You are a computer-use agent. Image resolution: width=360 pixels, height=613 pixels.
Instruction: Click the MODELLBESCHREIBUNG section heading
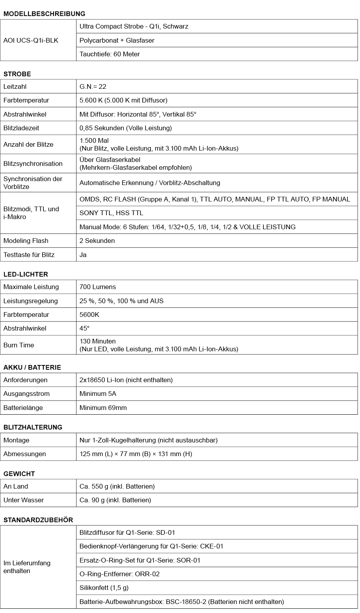click(x=44, y=14)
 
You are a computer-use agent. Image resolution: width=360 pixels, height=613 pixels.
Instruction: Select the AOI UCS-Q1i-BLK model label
click(x=31, y=40)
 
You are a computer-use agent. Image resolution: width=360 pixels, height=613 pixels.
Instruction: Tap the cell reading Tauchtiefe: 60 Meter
click(x=109, y=54)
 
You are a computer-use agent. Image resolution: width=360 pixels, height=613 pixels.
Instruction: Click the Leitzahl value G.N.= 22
click(x=93, y=86)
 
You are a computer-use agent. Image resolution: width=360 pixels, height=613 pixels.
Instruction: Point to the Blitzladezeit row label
click(x=21, y=128)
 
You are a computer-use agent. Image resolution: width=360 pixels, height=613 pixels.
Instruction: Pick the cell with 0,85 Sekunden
click(x=125, y=128)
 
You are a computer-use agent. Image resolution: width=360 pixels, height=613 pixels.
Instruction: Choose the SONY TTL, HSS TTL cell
click(x=111, y=213)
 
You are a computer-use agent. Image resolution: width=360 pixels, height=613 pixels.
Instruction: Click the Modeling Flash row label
click(x=26, y=241)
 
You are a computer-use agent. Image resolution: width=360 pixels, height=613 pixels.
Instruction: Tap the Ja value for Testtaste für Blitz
click(x=83, y=255)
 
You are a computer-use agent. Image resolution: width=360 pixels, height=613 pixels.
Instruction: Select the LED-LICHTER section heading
click(x=26, y=274)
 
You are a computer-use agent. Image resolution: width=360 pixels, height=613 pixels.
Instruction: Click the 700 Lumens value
click(x=98, y=287)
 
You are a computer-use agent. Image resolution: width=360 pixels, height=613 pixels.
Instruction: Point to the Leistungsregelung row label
click(x=30, y=301)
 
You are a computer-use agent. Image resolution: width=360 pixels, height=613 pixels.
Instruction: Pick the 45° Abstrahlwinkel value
click(x=84, y=328)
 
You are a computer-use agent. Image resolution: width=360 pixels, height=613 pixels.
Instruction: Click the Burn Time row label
click(x=19, y=345)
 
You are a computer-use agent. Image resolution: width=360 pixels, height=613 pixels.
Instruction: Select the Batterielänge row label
click(x=23, y=408)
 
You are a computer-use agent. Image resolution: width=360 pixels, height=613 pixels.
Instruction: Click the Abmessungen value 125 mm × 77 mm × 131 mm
click(x=136, y=454)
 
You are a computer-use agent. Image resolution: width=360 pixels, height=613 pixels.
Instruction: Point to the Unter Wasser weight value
click(x=115, y=500)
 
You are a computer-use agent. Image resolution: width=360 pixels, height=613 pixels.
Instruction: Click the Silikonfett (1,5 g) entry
click(x=104, y=588)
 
